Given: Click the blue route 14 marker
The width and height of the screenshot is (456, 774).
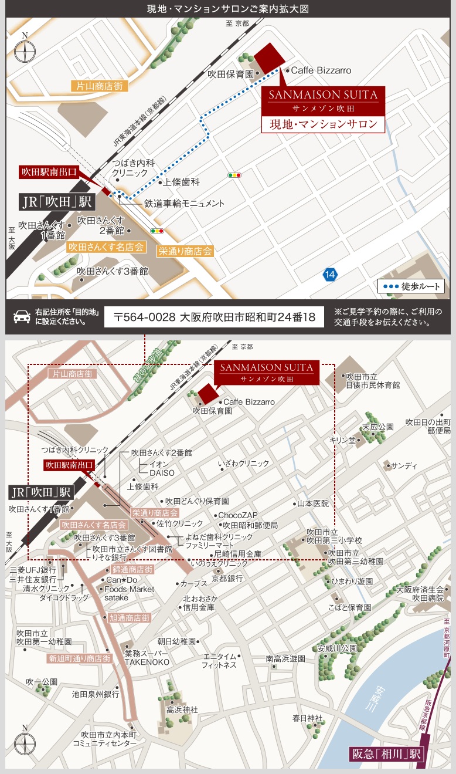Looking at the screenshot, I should tap(330, 274).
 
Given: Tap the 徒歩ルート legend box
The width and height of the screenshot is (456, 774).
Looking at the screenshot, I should tap(411, 287).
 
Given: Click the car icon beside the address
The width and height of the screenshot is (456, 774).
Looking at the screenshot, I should tap(22, 317).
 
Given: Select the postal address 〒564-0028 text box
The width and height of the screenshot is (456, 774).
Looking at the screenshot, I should tap(215, 317).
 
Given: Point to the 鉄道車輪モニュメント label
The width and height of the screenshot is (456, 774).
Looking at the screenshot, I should tap(185, 204).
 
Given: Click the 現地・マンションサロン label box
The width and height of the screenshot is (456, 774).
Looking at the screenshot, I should tap(323, 124).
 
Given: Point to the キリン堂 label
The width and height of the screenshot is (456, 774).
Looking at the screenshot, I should tap(342, 440).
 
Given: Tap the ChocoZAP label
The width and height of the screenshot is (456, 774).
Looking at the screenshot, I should tap(238, 515).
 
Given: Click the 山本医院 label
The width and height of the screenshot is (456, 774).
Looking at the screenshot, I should tap(313, 503).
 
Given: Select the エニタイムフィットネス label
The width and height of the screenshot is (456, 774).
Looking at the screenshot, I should tap(219, 661).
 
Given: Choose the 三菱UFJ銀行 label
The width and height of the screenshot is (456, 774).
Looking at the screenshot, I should tap(33, 570).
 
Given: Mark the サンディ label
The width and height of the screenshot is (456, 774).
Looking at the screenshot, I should tap(404, 466).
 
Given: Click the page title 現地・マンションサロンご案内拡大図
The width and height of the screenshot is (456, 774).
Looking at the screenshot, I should tap(228, 9).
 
